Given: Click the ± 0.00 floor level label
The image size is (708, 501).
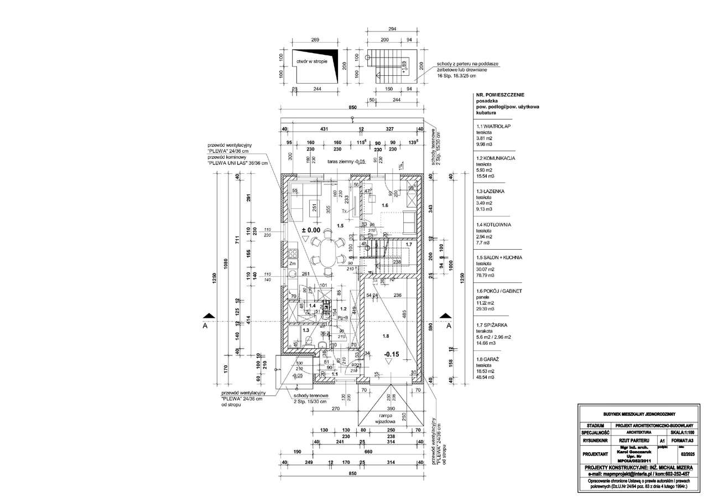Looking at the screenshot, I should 310,229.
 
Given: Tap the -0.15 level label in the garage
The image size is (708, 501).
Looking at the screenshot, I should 392,354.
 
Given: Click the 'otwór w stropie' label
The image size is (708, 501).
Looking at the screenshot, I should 312,62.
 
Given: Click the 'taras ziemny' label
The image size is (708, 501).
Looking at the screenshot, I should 347,162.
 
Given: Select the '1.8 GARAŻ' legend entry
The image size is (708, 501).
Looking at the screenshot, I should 487,359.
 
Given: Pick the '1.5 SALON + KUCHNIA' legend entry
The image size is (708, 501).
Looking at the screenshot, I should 499,257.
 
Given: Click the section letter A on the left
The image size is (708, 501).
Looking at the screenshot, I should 206,326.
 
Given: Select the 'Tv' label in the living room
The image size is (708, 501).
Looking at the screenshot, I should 344,211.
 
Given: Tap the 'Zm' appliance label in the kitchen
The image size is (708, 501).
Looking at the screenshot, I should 293,264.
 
